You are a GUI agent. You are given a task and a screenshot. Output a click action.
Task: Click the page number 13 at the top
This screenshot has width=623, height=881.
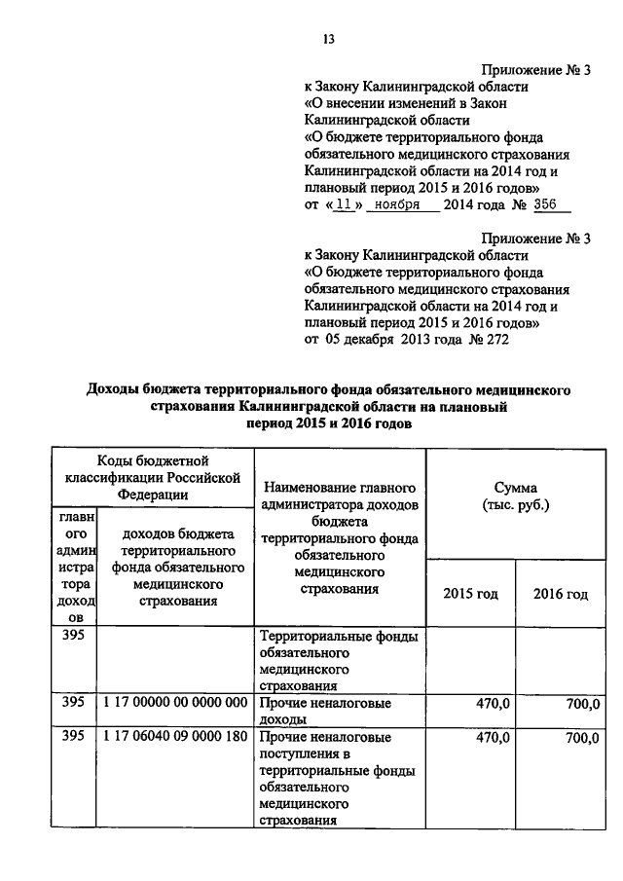328,39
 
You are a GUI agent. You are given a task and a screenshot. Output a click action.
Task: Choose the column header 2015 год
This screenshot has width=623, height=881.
470,594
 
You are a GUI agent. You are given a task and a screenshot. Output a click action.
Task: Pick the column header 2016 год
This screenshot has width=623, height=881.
560,594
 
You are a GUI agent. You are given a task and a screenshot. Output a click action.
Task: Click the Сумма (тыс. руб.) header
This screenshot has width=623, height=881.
515,496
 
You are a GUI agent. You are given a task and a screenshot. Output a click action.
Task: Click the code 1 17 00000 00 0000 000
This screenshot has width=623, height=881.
174,702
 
